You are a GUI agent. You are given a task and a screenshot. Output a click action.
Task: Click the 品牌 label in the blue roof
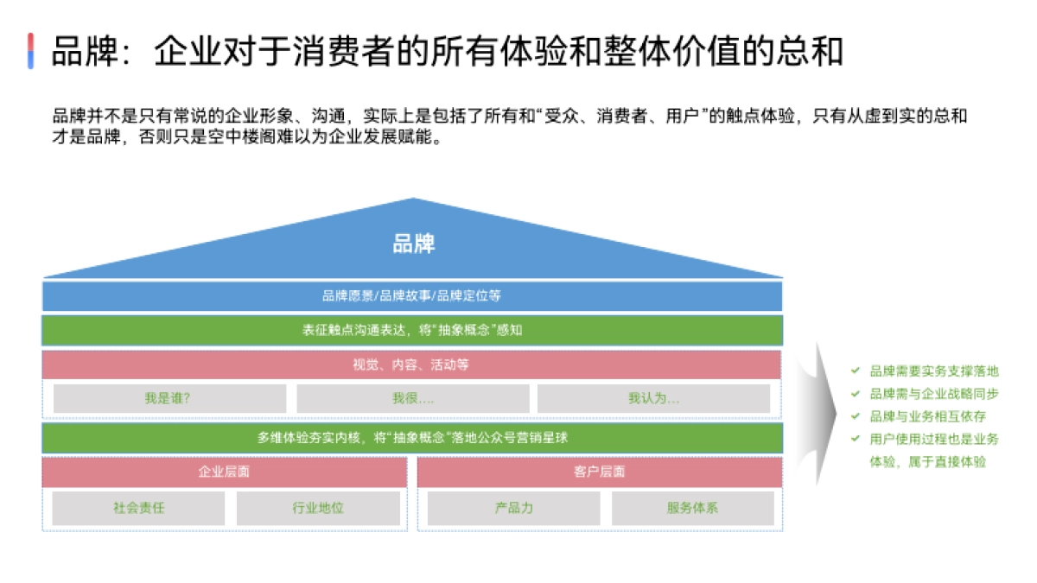(x=413, y=244)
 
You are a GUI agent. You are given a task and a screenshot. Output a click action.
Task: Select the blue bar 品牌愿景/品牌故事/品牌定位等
(x=412, y=295)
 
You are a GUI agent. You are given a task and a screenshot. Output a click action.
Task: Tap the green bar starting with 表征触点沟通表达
(x=412, y=330)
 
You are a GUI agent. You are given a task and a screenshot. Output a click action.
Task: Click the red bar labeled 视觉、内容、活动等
(x=411, y=364)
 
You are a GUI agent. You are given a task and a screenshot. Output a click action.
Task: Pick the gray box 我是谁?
(x=169, y=398)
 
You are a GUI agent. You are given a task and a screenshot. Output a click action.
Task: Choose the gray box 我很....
(x=412, y=398)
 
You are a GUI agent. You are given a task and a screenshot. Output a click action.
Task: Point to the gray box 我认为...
(x=653, y=398)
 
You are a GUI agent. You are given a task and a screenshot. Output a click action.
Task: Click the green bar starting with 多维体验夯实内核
(x=412, y=438)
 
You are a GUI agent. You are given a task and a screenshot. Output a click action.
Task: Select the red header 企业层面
(x=225, y=472)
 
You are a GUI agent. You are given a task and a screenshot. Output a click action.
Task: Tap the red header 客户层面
(x=600, y=472)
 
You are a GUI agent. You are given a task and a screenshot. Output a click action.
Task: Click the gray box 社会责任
(x=138, y=508)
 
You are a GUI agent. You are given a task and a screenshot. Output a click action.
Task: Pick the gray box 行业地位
(x=318, y=508)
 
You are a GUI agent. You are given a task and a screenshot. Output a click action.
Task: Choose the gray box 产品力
(x=513, y=508)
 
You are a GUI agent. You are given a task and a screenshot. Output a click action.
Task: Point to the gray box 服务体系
(x=692, y=508)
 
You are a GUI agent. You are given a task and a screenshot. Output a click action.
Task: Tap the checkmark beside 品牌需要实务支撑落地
(x=855, y=371)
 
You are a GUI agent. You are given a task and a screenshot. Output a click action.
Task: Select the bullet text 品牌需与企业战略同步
(x=934, y=394)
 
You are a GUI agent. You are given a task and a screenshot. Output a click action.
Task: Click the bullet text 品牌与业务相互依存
(x=928, y=416)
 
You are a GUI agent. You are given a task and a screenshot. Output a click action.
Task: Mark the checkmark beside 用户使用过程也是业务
(x=855, y=439)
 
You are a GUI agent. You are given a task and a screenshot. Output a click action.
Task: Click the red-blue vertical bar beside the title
(x=30, y=51)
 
